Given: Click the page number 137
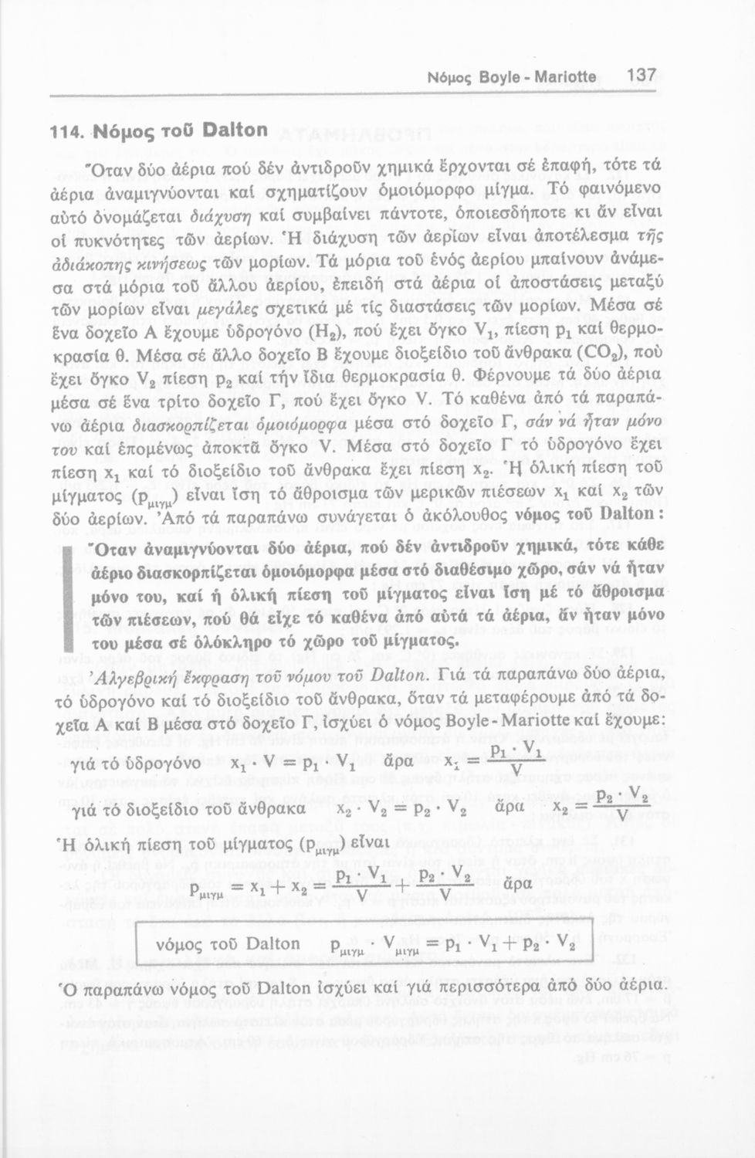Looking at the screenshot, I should coord(642,76).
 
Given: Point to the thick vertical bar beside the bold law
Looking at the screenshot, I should coord(67,591).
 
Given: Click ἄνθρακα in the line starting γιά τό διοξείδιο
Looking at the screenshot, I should coord(272,810).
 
